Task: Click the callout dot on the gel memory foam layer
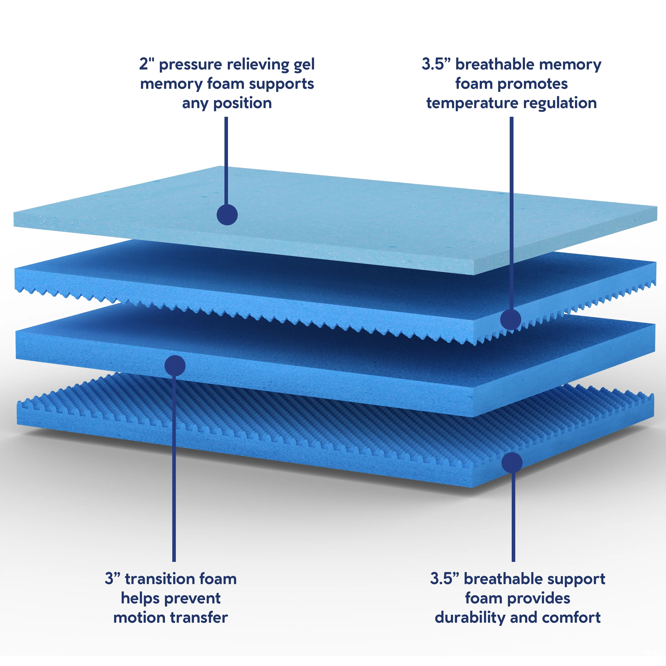[227, 215]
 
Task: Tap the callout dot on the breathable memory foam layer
[511, 319]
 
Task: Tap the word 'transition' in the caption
[160, 579]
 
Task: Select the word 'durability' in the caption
[470, 617]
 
